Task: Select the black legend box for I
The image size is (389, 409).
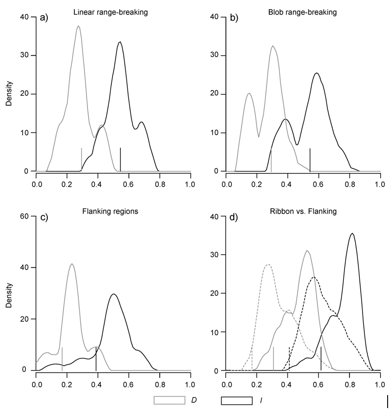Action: coord(237,399)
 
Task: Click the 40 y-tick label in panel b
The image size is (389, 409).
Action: coord(213,17)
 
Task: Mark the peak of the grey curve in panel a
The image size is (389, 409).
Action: coord(78,26)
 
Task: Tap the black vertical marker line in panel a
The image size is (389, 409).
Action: coord(121,159)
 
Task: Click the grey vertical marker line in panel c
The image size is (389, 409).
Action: coord(62,359)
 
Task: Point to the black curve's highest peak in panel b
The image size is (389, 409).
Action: coord(317,73)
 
